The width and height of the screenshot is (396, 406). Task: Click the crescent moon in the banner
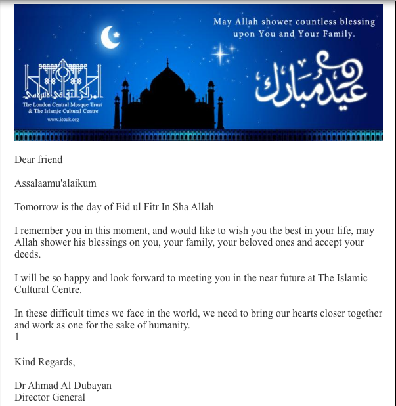pyautogui.click(x=109, y=38)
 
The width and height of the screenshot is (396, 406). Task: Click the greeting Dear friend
pyautogui.click(x=39, y=159)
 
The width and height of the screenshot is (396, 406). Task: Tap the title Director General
pyautogui.click(x=50, y=397)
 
